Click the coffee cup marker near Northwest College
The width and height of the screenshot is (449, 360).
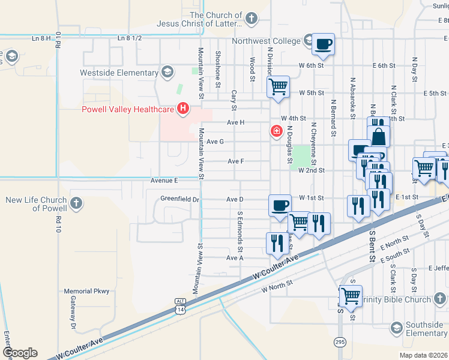(323, 44)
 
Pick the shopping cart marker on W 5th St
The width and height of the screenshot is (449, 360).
(278, 86)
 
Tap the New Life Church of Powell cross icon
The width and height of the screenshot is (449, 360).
(76, 203)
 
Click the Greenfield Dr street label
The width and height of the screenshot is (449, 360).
(179, 199)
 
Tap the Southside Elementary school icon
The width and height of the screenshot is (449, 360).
(396, 327)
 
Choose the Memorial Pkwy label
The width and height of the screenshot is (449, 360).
(87, 291)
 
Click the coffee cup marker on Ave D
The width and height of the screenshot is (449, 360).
(279, 205)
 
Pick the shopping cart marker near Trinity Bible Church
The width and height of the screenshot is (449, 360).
(351, 295)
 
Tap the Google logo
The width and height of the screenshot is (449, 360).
(20, 352)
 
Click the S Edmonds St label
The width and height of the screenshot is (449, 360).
(240, 230)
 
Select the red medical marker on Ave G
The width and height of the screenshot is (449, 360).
(277, 131)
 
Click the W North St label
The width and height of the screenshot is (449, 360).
(277, 287)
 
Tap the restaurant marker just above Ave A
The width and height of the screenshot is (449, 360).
(277, 243)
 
